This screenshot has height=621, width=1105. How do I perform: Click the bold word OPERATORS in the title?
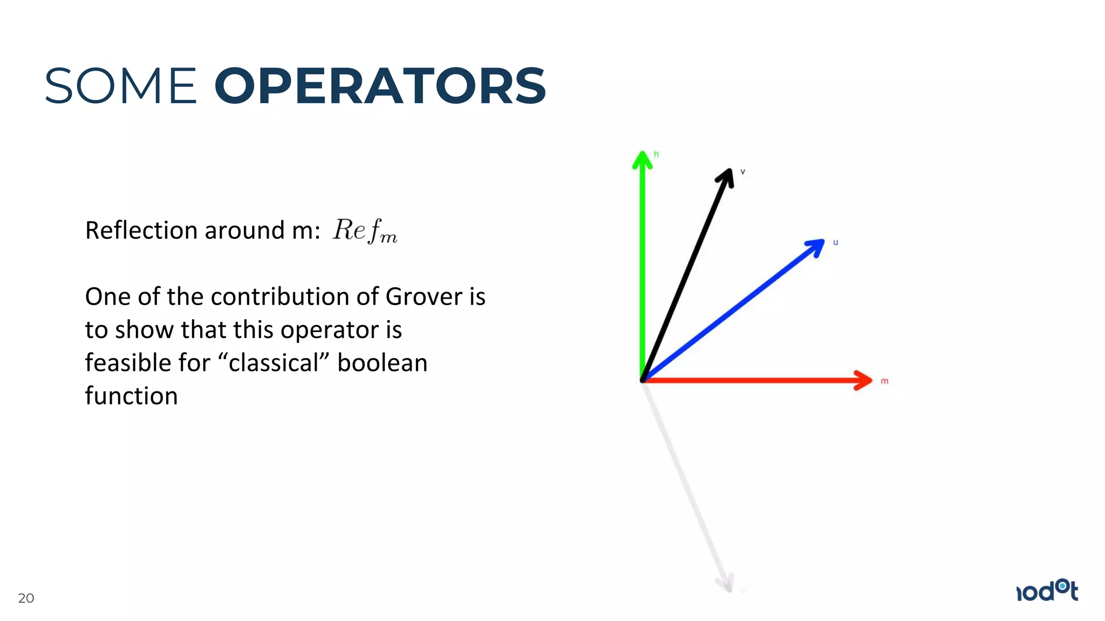point(380,86)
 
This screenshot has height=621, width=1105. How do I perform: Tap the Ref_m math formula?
point(365,231)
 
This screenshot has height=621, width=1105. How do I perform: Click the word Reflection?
point(142,231)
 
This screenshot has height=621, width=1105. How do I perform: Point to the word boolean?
point(382,363)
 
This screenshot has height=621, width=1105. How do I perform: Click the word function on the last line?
point(131,396)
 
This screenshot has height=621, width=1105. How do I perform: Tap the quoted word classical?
point(274,363)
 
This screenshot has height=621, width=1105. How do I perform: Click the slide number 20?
point(26,598)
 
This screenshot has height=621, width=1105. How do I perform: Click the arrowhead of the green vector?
point(642,160)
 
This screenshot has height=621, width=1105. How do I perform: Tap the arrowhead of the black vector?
point(726,177)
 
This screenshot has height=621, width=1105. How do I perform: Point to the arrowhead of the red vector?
point(864,380)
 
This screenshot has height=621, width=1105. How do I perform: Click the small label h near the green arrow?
point(656,154)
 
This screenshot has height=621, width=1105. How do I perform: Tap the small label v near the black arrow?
point(742,172)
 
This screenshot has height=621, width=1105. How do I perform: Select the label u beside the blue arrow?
point(835,243)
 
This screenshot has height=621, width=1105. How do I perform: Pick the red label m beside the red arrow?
point(884,381)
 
